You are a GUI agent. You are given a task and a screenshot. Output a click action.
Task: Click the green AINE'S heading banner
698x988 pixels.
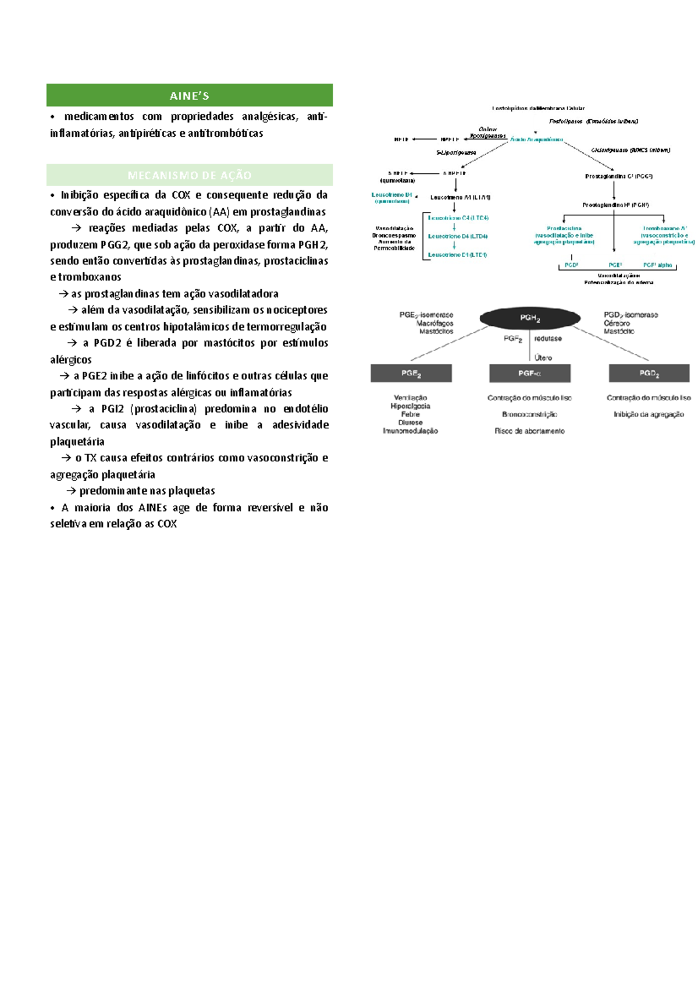pyautogui.click(x=190, y=95)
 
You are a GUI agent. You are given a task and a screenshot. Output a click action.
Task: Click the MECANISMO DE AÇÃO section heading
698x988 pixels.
pyautogui.click(x=190, y=175)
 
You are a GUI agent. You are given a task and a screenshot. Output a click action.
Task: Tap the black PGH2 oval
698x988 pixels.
pyautogui.click(x=530, y=318)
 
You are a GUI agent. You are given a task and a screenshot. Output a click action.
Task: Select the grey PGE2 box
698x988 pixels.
pyautogui.click(x=411, y=374)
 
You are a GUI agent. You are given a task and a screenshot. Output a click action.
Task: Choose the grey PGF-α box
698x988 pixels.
pyautogui.click(x=530, y=374)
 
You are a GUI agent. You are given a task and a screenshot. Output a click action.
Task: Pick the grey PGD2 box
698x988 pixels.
pyautogui.click(x=649, y=374)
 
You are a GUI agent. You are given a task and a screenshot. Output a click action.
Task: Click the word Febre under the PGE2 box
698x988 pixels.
pyautogui.click(x=410, y=414)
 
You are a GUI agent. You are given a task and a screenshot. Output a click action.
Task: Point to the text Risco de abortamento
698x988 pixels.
pyautogui.click(x=529, y=431)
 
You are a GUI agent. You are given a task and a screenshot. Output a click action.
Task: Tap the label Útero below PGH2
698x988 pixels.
pyautogui.click(x=543, y=358)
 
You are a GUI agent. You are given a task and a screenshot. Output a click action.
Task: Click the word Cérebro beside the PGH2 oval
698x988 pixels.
pyautogui.click(x=617, y=323)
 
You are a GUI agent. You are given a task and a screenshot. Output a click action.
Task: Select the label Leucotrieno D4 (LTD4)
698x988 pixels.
pyautogui.click(x=458, y=236)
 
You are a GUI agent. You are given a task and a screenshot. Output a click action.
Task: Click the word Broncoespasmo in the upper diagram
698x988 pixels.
pyautogui.click(x=394, y=236)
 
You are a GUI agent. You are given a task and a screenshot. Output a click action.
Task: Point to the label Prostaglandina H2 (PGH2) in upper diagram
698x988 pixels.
pyautogui.click(x=615, y=205)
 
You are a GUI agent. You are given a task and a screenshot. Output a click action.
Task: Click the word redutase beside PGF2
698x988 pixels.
pyautogui.click(x=548, y=339)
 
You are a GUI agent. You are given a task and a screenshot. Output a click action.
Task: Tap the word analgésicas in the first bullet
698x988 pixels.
pyautogui.click(x=269, y=116)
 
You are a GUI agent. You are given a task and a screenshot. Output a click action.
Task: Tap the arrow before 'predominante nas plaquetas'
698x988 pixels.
pyautogui.click(x=72, y=491)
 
